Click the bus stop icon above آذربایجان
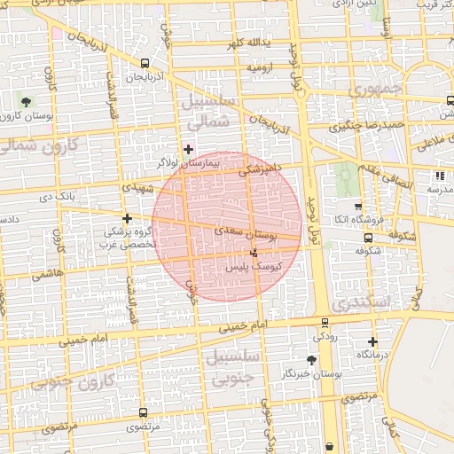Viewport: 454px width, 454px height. coord(145,63)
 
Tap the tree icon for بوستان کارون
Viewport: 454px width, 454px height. coord(25,101)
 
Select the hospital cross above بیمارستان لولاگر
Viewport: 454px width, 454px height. coord(188,149)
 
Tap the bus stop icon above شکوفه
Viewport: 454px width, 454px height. coord(368,238)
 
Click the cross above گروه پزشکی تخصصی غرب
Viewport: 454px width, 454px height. coord(128,218)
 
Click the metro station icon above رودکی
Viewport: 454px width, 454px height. coord(325,323)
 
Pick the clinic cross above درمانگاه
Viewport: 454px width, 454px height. coord(372,341)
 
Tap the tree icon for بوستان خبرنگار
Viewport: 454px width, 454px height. coord(310,360)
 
